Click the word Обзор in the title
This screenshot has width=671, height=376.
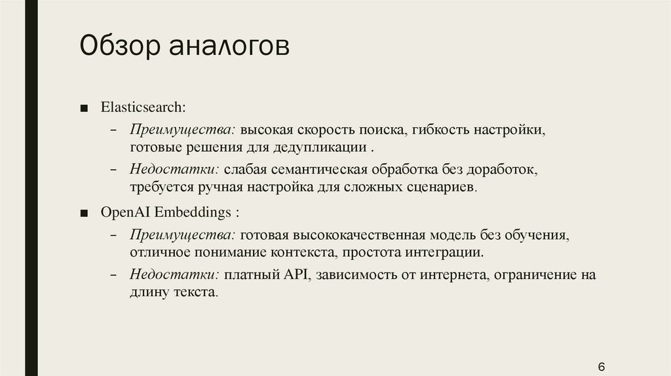[x=120, y=46]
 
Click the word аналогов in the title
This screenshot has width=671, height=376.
[x=229, y=47]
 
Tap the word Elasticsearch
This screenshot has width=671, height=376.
[x=144, y=107]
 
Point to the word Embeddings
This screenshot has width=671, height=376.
[x=193, y=212]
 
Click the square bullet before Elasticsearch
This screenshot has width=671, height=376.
[x=84, y=108]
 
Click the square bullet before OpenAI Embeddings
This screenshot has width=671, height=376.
[x=84, y=213]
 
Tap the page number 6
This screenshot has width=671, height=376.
[x=602, y=367]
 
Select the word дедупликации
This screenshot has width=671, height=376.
[x=320, y=147]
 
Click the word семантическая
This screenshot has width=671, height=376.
[x=319, y=170]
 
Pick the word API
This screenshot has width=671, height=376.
[x=296, y=274]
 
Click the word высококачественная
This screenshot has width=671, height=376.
[x=359, y=235]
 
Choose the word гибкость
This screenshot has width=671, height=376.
[x=440, y=130]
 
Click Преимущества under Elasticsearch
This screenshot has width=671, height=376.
[x=183, y=130]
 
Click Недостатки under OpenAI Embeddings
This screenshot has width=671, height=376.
[x=174, y=274]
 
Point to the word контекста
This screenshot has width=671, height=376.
[x=304, y=253]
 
